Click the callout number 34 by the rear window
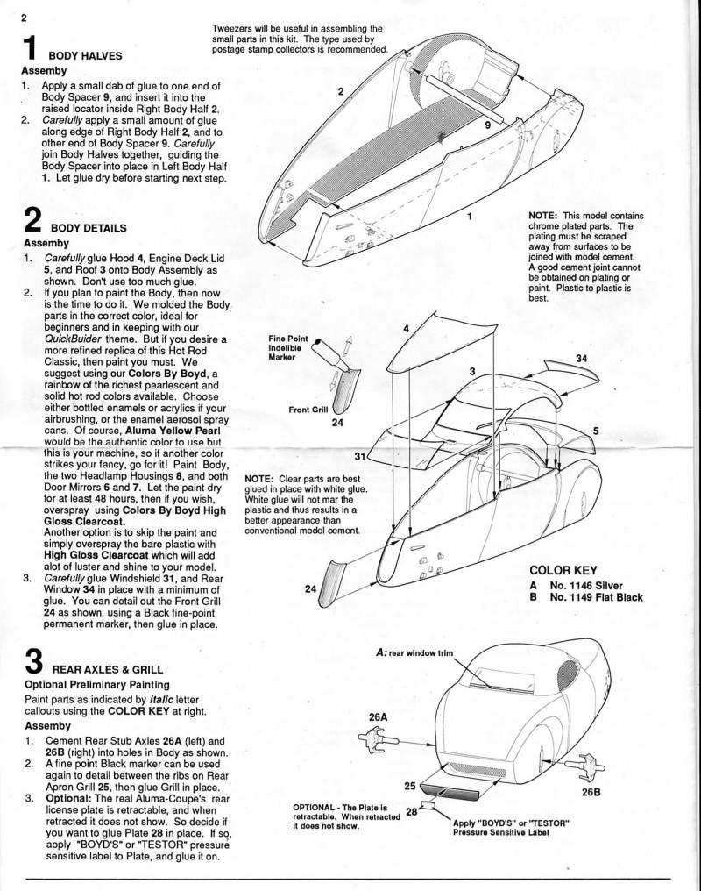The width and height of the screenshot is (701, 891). pos(581,358)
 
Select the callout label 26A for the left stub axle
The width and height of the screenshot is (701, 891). pos(377,716)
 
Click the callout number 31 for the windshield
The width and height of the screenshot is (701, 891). pos(359,456)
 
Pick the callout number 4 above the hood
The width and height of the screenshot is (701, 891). pos(406,328)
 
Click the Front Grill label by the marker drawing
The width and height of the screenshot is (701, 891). pos(308,410)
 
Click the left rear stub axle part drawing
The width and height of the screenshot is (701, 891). pos(380,746)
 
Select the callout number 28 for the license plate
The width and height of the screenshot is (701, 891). pos(410,812)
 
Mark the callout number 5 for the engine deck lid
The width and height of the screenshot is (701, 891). pos(596,431)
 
